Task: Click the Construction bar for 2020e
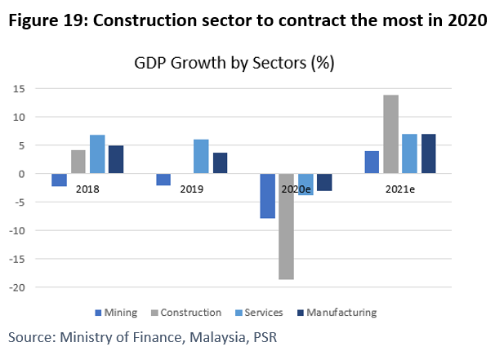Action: (x=286, y=226)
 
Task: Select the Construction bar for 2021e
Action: (x=390, y=134)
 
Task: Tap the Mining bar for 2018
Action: (x=59, y=180)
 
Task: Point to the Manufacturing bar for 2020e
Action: (x=325, y=182)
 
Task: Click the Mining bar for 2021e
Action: (x=372, y=162)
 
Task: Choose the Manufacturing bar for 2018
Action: (x=116, y=159)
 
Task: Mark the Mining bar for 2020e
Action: (x=267, y=196)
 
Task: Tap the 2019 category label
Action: (x=192, y=189)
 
